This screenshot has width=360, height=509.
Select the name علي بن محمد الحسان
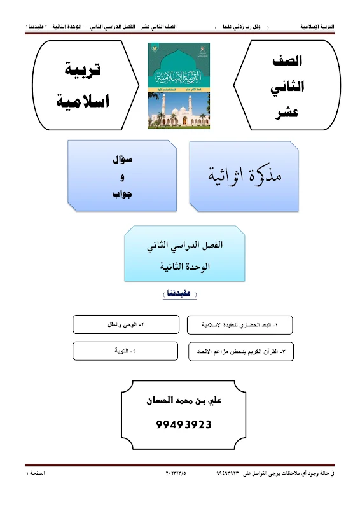[184, 403]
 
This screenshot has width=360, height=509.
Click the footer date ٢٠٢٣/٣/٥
[170, 473]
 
